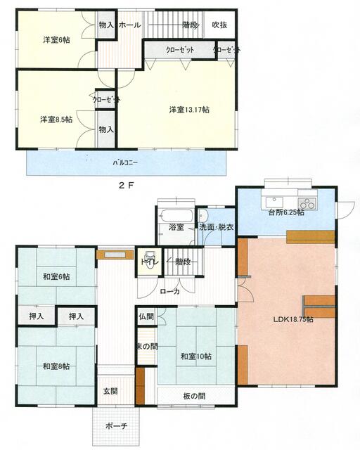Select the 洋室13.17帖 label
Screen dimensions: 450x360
point(188,109)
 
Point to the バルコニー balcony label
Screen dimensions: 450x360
point(125,163)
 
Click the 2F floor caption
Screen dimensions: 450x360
point(125,186)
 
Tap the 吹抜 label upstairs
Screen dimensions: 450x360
point(219,25)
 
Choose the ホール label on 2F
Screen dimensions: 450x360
point(130,25)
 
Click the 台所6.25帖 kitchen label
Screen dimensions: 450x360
point(285,212)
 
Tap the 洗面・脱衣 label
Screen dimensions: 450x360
point(216,227)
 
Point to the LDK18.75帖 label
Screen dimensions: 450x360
point(293,319)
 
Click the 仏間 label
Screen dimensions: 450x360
point(146,317)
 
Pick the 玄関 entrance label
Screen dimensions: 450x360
point(111,391)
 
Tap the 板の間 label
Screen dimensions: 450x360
point(193,397)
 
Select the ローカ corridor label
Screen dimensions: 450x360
point(169,291)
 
